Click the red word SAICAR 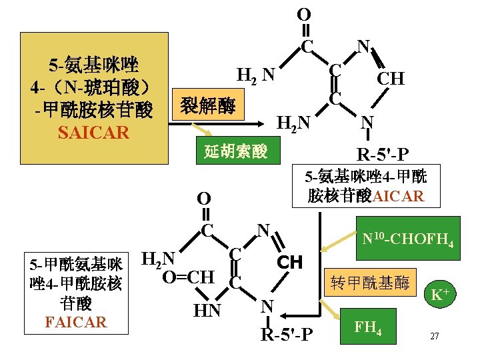[93, 133]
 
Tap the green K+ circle [439, 293]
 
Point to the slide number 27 [434, 336]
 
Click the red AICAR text [398, 196]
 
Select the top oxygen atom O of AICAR [303, 14]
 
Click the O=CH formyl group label [188, 276]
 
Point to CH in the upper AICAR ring [390, 79]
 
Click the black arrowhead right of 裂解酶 [261, 122]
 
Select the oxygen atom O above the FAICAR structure [205, 198]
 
